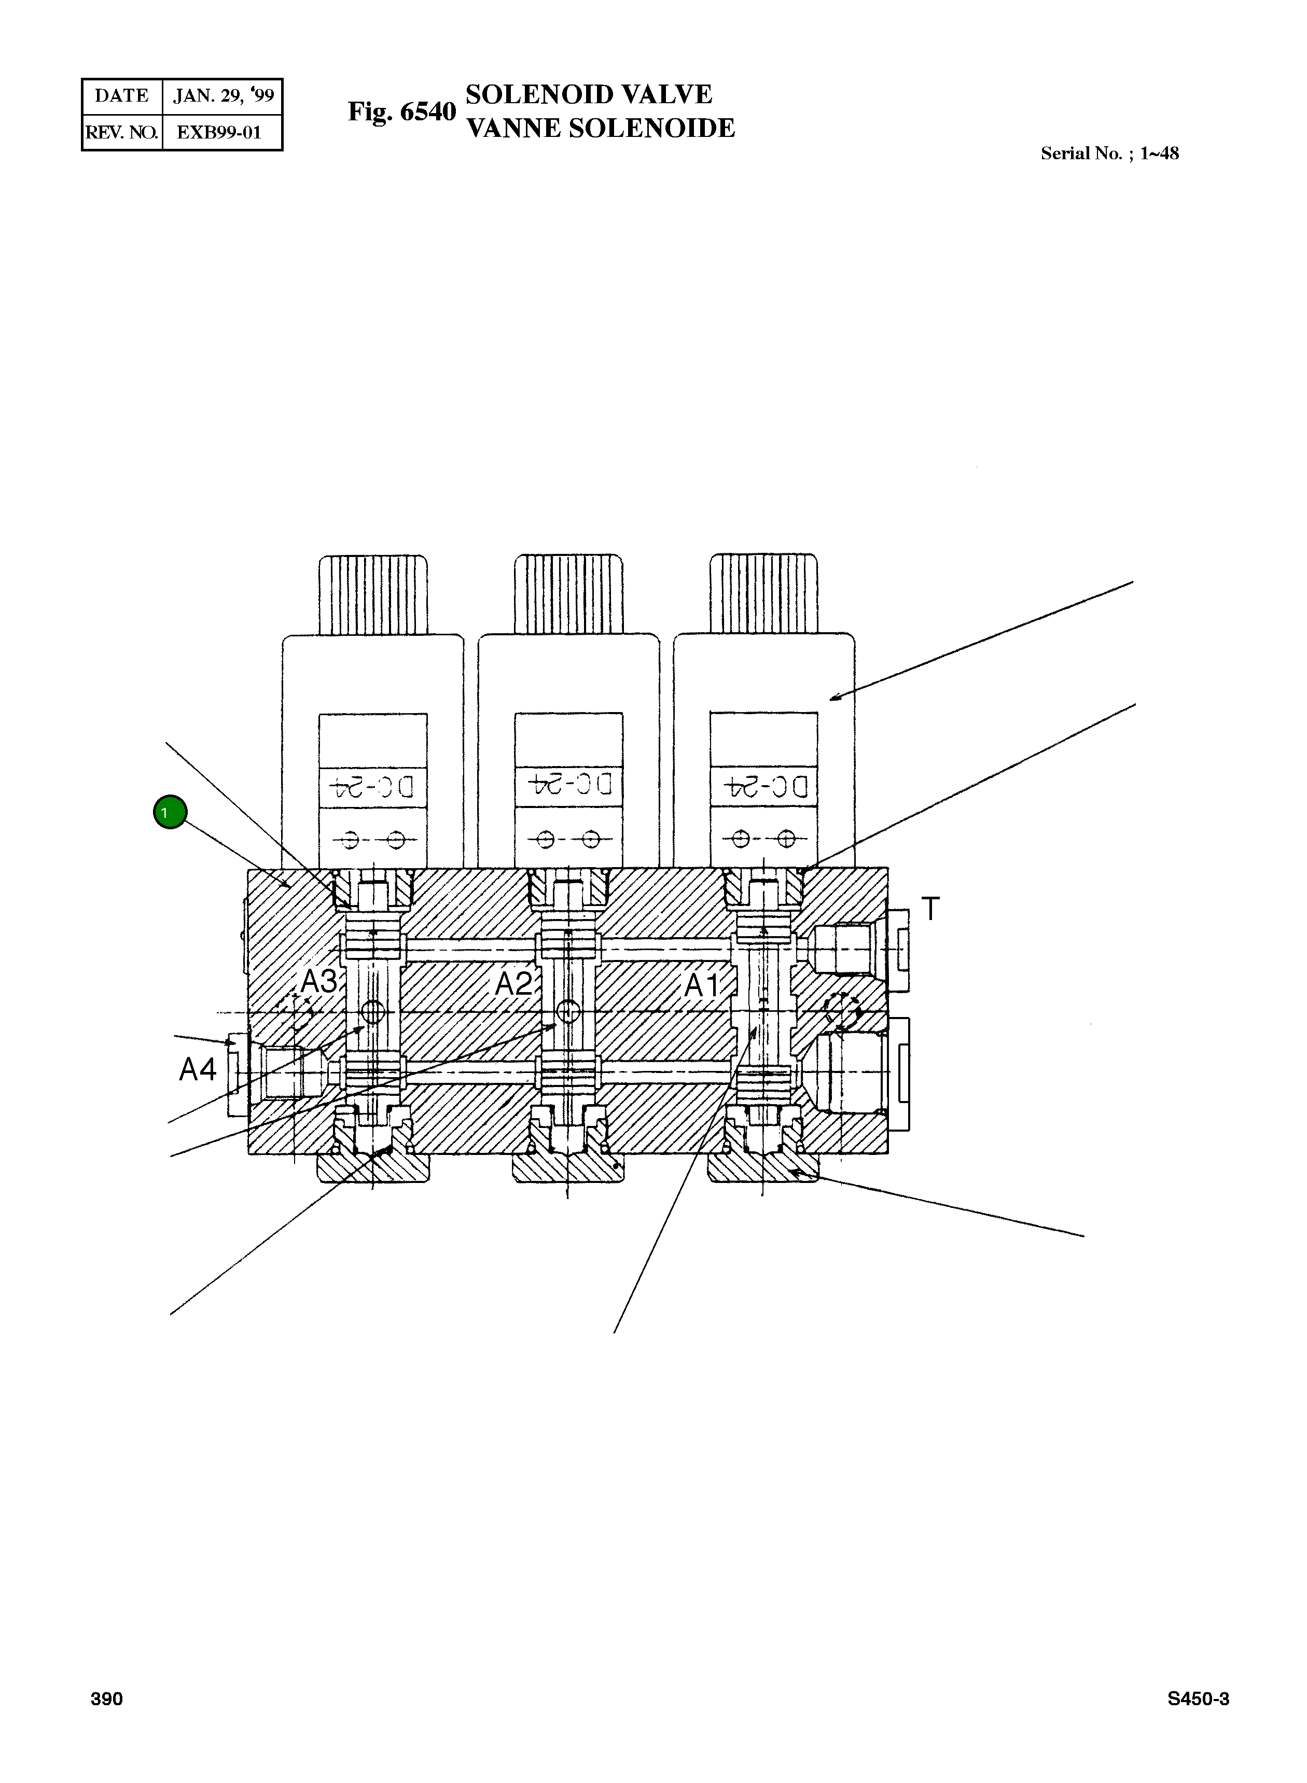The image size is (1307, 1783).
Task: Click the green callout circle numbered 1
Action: [169, 812]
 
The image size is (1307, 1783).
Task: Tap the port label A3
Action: [319, 982]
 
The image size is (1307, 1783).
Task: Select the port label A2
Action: [513, 983]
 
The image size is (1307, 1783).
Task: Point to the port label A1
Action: [702, 986]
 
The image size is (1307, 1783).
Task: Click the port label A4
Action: [197, 1069]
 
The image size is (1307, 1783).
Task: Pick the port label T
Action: [930, 909]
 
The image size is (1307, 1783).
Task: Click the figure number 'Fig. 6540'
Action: [402, 112]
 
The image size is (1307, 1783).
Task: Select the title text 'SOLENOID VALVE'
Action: [589, 94]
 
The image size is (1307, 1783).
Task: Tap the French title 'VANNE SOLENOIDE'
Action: [601, 128]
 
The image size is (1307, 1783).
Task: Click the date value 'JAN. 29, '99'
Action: [223, 96]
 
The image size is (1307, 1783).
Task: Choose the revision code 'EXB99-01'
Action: [219, 132]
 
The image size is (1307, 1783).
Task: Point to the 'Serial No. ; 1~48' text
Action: [1109, 154]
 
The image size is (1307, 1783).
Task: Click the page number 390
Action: [107, 1698]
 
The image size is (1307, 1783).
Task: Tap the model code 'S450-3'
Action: [1198, 1698]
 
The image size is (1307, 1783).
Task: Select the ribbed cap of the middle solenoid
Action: [568, 594]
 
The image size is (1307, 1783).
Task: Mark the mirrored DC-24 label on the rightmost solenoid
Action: [764, 786]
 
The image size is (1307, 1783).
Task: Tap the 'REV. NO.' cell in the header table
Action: [122, 132]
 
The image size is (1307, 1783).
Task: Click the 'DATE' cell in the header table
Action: [122, 96]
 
